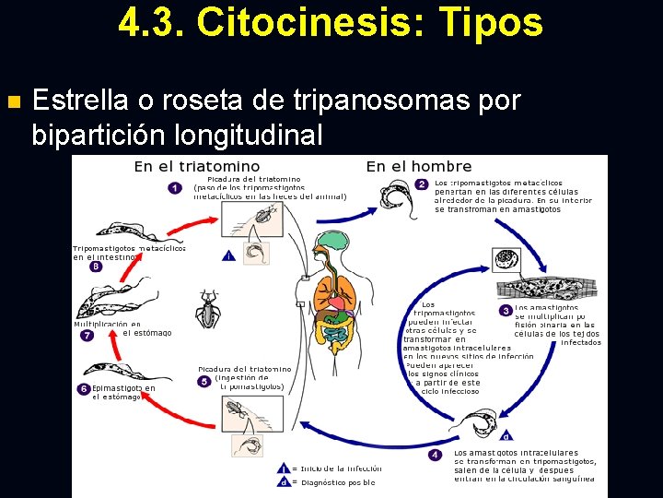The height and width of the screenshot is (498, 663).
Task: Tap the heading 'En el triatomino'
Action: click(x=196, y=166)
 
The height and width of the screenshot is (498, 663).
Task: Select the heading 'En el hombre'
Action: click(x=419, y=166)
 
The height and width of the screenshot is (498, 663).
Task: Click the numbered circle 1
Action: click(x=175, y=188)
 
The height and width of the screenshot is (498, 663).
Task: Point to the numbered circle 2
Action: click(x=421, y=184)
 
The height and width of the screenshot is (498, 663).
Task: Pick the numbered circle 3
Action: click(x=506, y=311)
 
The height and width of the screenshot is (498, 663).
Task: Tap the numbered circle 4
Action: click(x=436, y=454)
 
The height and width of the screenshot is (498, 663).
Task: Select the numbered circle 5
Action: click(x=204, y=381)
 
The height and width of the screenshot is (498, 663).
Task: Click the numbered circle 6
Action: click(x=84, y=389)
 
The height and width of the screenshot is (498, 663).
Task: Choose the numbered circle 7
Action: click(x=87, y=336)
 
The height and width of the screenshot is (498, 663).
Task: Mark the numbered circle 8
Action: click(x=95, y=267)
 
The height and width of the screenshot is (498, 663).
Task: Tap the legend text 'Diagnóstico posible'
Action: click(x=338, y=482)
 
